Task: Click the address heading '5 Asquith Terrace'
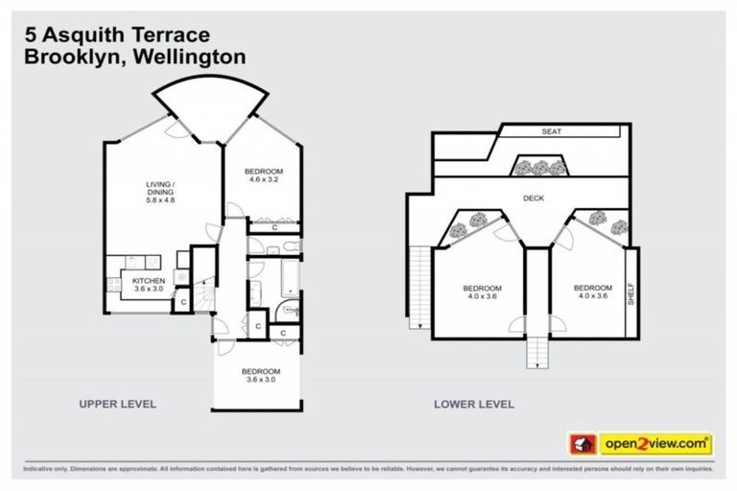[x=116, y=35]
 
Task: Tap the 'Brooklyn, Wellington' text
[x=133, y=57]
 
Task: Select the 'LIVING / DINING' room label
[x=162, y=188]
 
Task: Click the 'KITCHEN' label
[x=135, y=280]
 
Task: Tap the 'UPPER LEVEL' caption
[x=117, y=404]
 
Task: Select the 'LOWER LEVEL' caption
[x=474, y=404]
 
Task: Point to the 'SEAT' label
[x=551, y=131]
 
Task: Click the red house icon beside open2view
[x=582, y=444]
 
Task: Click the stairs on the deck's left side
[x=419, y=288]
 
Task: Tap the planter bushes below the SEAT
[x=541, y=168]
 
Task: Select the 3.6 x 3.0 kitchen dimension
[x=135, y=289]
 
